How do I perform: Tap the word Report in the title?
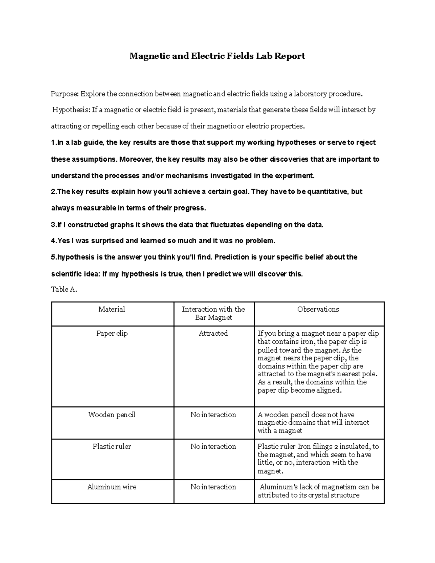pyautogui.click(x=290, y=56)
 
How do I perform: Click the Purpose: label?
pyautogui.click(x=65, y=94)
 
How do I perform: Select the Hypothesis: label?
pyautogui.click(x=71, y=110)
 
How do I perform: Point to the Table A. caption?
pyautogui.click(x=64, y=289)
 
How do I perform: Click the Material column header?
pyautogui.click(x=112, y=309)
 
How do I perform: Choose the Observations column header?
pyautogui.click(x=318, y=309)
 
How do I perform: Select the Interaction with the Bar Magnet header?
pyautogui.click(x=213, y=313)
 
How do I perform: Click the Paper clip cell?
pyautogui.click(x=112, y=334)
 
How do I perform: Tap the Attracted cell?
pyautogui.click(x=213, y=334)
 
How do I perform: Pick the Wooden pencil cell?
pyautogui.click(x=112, y=415)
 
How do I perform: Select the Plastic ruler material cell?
pyautogui.click(x=112, y=447)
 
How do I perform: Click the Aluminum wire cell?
pyautogui.click(x=112, y=487)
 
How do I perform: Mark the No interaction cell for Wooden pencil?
pyautogui.click(x=213, y=415)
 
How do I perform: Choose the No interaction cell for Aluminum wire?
pyautogui.click(x=213, y=487)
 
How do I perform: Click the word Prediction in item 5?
pyautogui.click(x=231, y=257)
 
